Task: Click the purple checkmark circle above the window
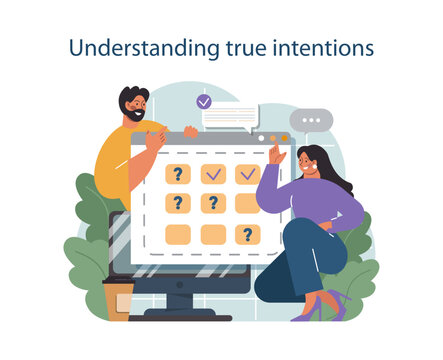(204, 101)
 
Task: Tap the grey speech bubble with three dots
(312, 120)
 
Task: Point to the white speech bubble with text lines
(229, 117)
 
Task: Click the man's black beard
(134, 114)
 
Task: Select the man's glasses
(138, 102)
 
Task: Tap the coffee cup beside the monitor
(118, 299)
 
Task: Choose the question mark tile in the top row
(178, 174)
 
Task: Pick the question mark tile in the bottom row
(247, 235)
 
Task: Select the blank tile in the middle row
(247, 204)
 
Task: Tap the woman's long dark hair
(330, 170)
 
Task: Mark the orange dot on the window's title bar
(284, 138)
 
